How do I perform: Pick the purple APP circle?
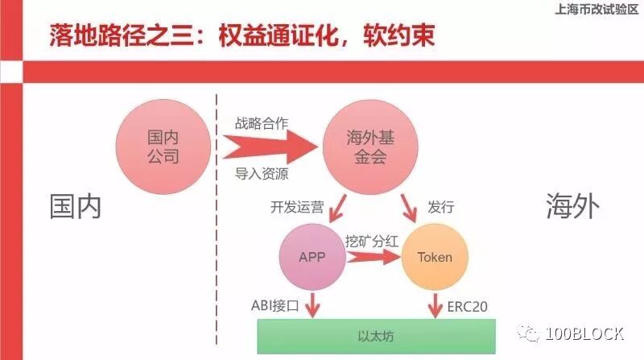coord(312,258)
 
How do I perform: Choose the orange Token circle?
coord(435,258)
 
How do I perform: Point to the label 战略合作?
coord(262,123)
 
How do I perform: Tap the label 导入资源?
coord(262,173)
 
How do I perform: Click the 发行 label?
coord(442,207)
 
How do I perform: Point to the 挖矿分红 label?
coord(372,241)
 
